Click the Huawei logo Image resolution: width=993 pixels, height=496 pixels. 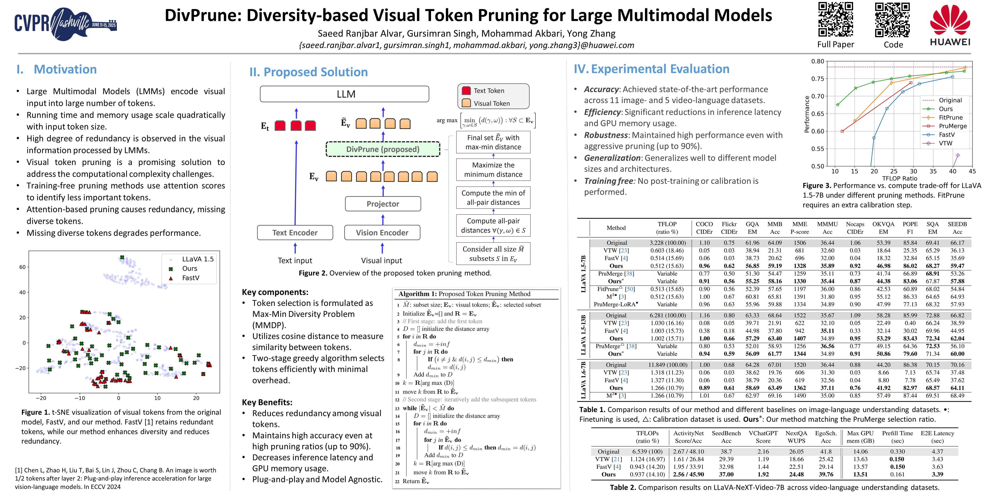click(950, 25)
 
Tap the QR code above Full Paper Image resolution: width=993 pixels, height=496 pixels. click(835, 19)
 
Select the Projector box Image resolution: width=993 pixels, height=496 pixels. click(383, 204)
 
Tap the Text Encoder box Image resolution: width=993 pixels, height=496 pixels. click(295, 232)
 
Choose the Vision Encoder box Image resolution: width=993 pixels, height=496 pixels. click(382, 232)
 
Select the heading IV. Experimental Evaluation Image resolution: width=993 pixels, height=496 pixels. click(651, 69)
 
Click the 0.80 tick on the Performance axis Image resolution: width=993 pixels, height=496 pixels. click(818, 61)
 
